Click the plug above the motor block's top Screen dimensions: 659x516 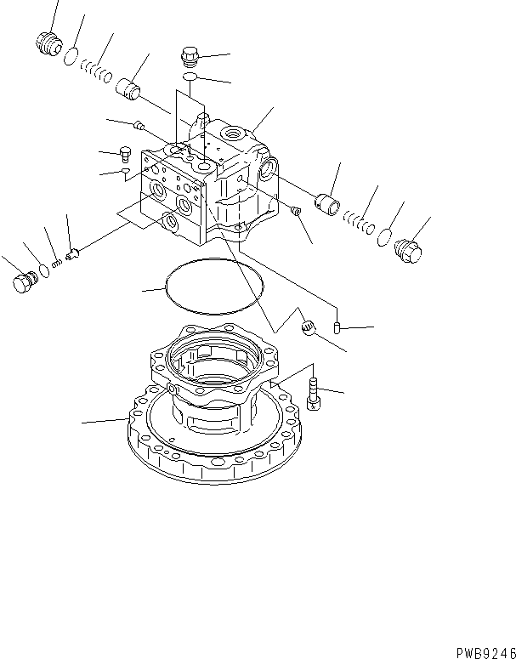190,58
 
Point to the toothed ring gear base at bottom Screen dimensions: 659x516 213,442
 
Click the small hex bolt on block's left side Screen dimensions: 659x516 127,154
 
